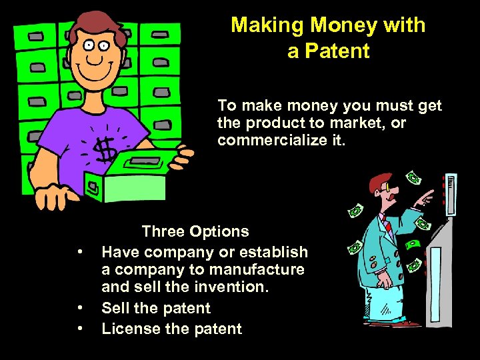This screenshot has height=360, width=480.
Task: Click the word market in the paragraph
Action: [359, 123]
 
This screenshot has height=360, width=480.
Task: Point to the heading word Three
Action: [164, 232]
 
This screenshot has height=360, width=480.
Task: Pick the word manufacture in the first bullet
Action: [259, 270]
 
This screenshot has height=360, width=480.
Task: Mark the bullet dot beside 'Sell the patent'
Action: [79, 308]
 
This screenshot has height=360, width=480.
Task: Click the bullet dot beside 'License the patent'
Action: [79, 328]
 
